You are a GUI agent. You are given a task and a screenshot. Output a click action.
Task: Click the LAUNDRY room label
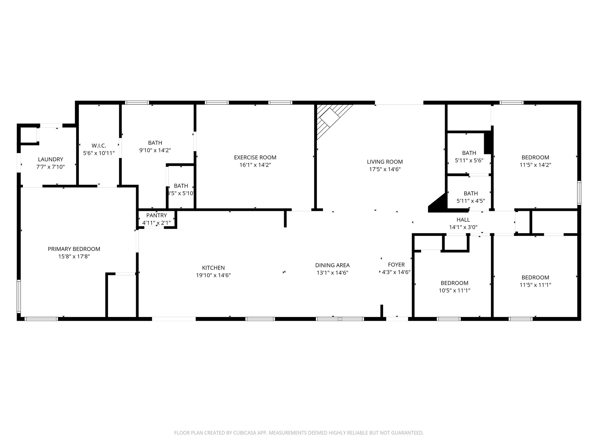coord(51,159)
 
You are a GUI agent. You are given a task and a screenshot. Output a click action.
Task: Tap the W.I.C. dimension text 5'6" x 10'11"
coord(99,153)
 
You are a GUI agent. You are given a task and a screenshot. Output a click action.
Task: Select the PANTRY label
coord(157,215)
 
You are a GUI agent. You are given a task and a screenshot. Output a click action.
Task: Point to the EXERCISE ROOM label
coord(255,157)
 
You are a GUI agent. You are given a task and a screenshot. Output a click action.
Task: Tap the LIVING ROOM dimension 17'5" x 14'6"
coord(385,169)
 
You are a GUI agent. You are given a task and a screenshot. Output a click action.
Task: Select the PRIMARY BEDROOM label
coord(74,249)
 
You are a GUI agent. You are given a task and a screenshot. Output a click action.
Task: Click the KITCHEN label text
coord(213,268)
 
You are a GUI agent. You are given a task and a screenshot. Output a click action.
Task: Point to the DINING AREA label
coord(332,265)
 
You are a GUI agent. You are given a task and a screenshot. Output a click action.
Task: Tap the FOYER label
coord(396,265)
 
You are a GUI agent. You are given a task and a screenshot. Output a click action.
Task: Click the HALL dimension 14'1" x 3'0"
coord(463,227)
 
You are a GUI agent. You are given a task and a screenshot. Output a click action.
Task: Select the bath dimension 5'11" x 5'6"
coord(469,160)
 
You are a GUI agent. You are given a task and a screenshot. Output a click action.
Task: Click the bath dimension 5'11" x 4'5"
coord(471,201)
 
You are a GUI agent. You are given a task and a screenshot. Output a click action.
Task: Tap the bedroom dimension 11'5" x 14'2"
coord(535,165)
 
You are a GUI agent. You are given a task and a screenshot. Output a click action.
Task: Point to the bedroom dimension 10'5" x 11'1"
coord(454,290)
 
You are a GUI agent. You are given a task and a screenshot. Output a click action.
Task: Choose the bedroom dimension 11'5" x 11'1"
coord(535,285)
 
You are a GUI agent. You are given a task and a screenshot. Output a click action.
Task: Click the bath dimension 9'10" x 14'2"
coord(155,150)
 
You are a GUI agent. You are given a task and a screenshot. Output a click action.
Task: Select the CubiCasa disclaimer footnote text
coord(299,433)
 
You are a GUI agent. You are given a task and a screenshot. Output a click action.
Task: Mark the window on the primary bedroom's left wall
coord(19,296)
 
